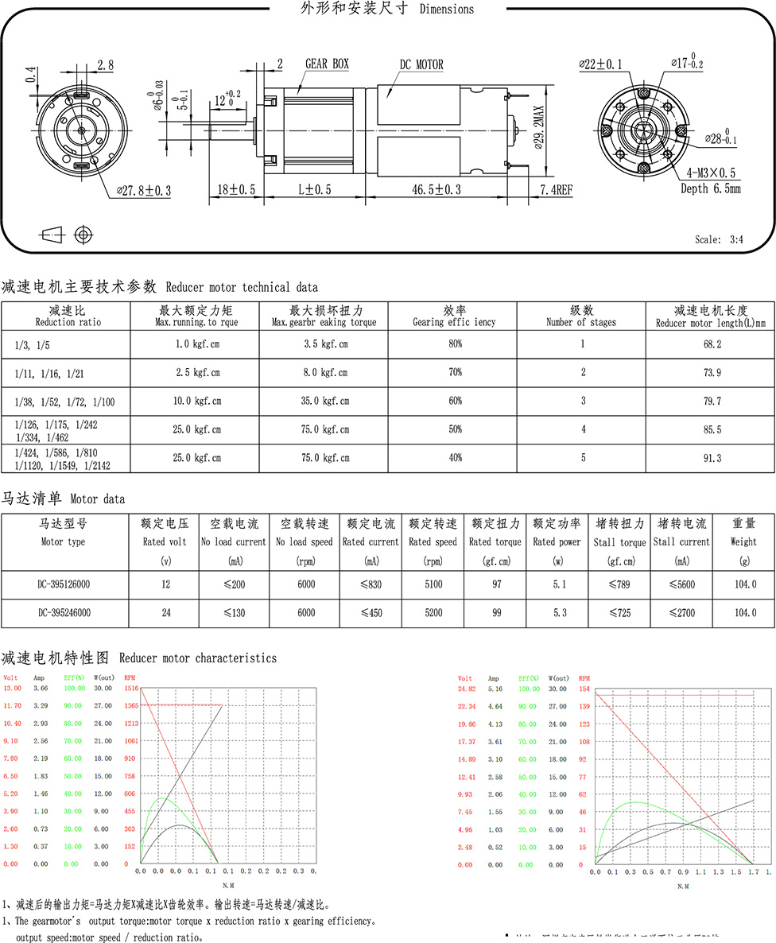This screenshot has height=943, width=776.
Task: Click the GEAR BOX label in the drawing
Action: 327,64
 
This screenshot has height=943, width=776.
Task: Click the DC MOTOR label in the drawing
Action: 421,65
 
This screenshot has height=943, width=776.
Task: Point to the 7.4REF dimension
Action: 556,189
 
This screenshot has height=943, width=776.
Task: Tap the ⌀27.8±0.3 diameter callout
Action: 144,191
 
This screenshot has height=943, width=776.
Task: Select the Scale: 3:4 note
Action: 719,240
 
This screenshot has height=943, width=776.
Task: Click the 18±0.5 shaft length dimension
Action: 236,189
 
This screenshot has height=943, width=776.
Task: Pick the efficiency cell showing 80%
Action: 455,343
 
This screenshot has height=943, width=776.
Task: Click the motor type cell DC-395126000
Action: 64,584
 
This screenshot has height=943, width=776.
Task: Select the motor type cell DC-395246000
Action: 64,612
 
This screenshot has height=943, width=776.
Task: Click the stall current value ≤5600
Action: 681,584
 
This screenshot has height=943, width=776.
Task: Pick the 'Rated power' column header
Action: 557,541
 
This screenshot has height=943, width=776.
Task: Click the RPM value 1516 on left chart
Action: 131,688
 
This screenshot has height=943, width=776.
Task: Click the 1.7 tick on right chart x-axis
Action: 752,872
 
